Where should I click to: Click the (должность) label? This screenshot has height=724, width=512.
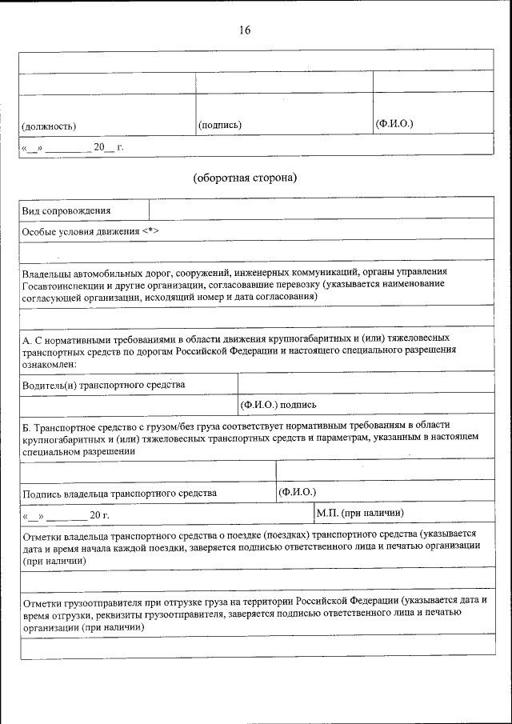click(49, 126)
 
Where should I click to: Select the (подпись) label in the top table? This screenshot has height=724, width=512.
click(219, 126)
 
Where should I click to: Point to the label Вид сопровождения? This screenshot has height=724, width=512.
click(66, 210)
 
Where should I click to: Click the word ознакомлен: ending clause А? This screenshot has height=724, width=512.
click(49, 364)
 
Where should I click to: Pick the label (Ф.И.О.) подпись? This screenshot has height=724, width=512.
click(278, 405)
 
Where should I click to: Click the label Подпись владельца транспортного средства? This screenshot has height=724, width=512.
click(120, 493)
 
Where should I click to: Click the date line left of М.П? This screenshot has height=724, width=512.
click(68, 514)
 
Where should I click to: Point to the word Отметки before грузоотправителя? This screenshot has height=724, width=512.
click(44, 600)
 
